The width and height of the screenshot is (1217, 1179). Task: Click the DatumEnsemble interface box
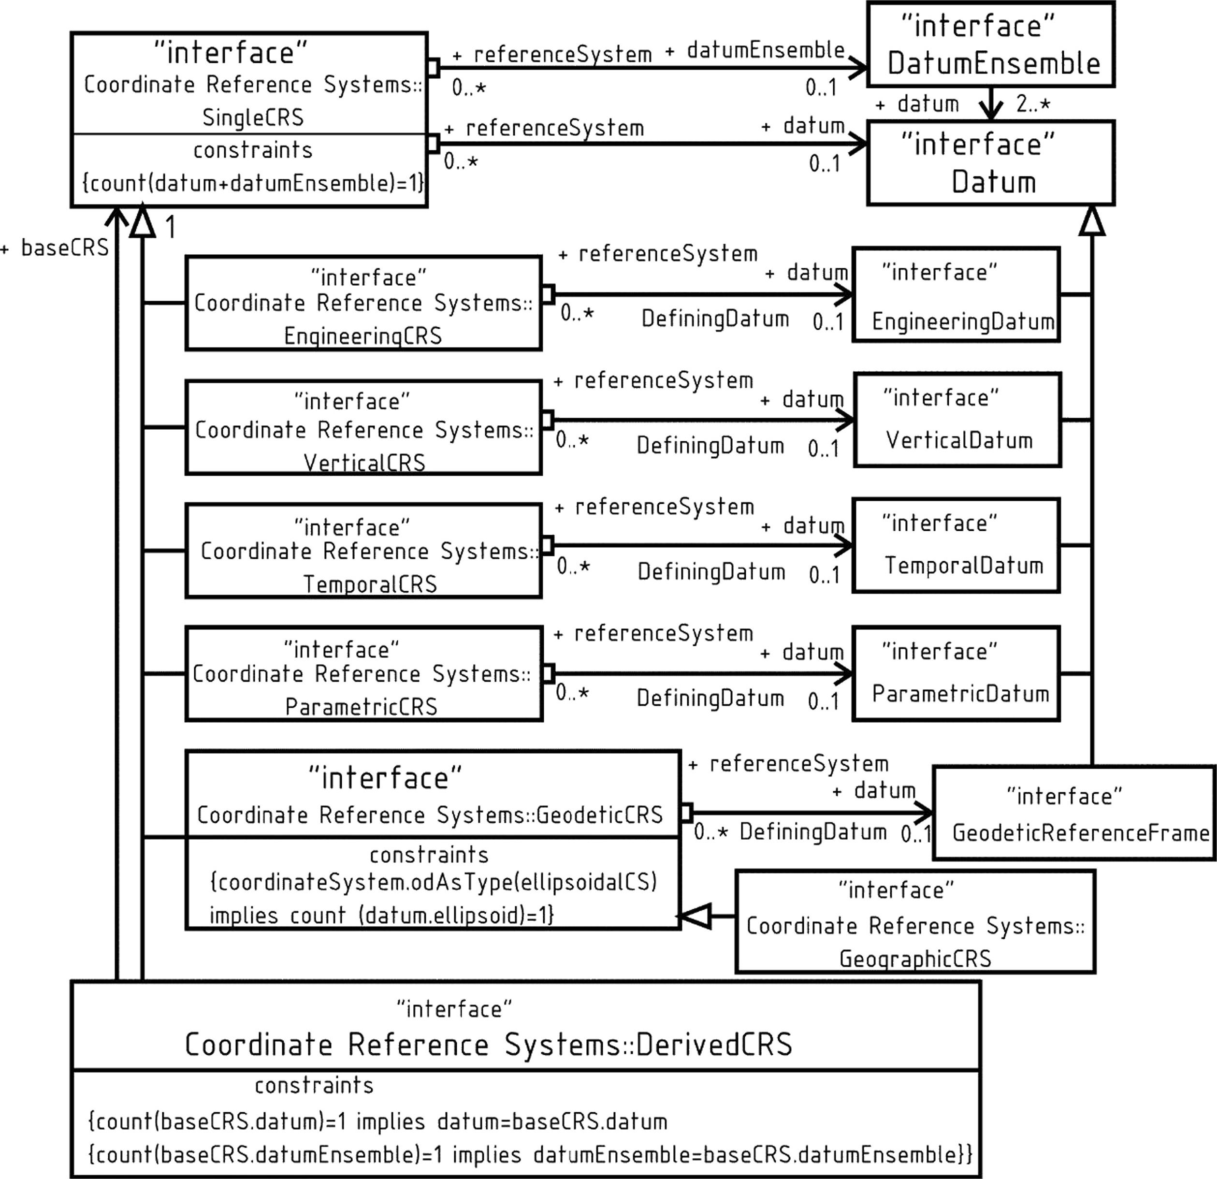point(990,44)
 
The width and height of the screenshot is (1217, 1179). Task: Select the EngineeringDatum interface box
point(956,294)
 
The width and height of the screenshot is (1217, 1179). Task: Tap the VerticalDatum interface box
point(957,420)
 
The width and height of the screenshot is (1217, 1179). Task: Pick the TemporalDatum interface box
point(956,545)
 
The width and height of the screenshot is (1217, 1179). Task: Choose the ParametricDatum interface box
point(956,674)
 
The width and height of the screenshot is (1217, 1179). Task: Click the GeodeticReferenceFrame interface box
point(1074,814)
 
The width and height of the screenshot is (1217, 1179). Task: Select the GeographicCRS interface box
point(915,921)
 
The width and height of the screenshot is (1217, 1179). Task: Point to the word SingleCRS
point(253,117)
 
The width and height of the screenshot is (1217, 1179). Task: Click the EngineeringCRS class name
point(363,336)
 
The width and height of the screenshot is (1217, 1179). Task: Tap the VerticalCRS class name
point(364,463)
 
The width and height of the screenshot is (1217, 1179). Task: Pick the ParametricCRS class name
point(362,707)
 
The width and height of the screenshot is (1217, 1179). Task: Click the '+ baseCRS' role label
point(55,247)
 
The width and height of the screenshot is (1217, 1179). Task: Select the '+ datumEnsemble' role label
point(755,50)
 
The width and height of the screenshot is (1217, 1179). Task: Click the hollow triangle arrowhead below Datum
point(1091,220)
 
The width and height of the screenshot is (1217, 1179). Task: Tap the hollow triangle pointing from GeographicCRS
point(694,916)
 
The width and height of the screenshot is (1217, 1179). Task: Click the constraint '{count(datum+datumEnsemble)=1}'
point(253,183)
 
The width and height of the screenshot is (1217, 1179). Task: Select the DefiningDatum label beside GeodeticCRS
point(813,831)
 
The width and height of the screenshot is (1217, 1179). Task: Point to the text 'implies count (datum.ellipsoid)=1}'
point(381,915)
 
